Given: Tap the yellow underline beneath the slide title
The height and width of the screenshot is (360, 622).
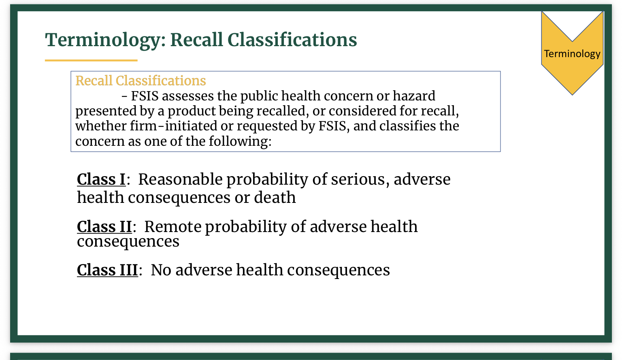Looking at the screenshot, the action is tap(91, 60).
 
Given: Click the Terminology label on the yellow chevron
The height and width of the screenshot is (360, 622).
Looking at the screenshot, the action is tap(572, 54).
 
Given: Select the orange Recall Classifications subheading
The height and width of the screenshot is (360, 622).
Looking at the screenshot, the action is tap(141, 81).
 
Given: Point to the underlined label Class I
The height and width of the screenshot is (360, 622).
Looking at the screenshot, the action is tap(101, 179).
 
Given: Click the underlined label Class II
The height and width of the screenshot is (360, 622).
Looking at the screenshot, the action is tap(104, 226).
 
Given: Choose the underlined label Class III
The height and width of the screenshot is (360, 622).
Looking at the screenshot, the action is tap(107, 270).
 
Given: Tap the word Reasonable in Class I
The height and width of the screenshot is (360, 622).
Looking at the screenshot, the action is tap(181, 179).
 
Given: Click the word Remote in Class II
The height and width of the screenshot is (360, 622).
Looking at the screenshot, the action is tap(173, 226).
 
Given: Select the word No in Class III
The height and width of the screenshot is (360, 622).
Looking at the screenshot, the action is tap(161, 270).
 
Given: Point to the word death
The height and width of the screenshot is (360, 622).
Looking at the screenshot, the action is tap(275, 197).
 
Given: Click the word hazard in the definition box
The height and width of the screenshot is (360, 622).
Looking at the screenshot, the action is tap(414, 96).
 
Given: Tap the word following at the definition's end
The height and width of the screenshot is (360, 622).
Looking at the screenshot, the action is tap(240, 141).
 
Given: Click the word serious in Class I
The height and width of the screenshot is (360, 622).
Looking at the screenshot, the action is tap(360, 179).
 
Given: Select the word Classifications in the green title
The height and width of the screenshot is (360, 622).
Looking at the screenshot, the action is tap(292, 40).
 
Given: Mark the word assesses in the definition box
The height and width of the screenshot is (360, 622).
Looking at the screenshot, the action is tap(188, 96).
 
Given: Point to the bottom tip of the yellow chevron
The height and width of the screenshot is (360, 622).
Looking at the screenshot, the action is tap(572, 95).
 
